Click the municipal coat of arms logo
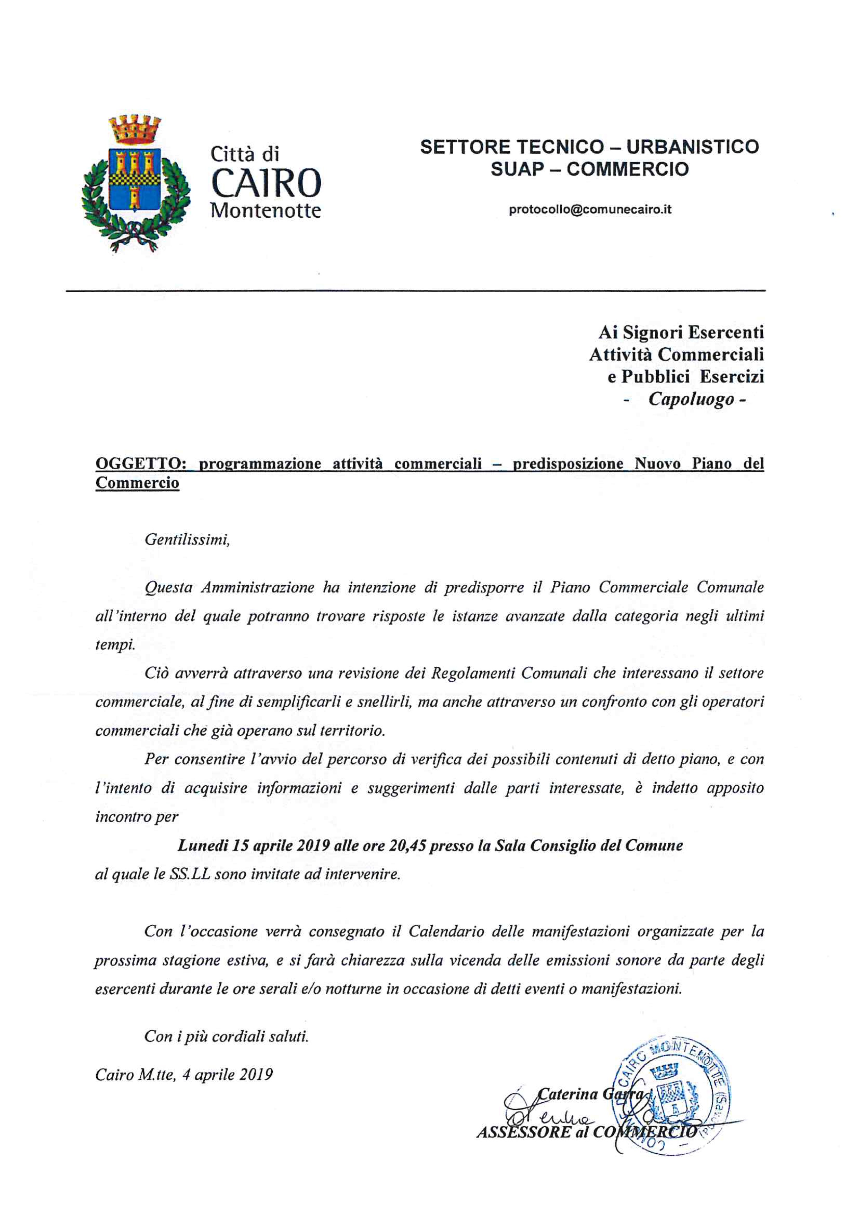[135, 183]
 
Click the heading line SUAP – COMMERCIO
[590, 169]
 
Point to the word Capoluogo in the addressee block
[691, 399]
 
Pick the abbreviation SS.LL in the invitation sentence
[190, 874]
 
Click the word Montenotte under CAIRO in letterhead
[266, 211]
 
